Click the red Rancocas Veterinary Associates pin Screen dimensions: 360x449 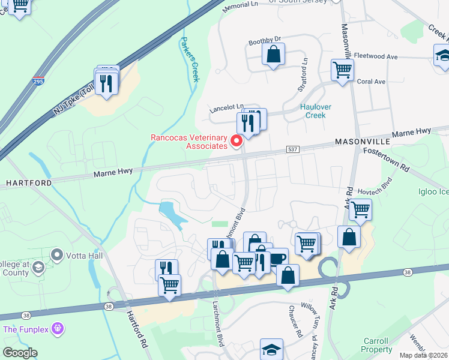tap(237, 142)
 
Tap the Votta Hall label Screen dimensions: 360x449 tap(82, 256)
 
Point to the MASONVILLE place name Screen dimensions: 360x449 tap(363, 141)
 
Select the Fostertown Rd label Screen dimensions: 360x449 tap(385, 160)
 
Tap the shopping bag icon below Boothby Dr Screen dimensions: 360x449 tap(273, 55)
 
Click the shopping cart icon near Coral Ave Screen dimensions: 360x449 tap(342, 69)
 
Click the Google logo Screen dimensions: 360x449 tap(20, 352)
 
